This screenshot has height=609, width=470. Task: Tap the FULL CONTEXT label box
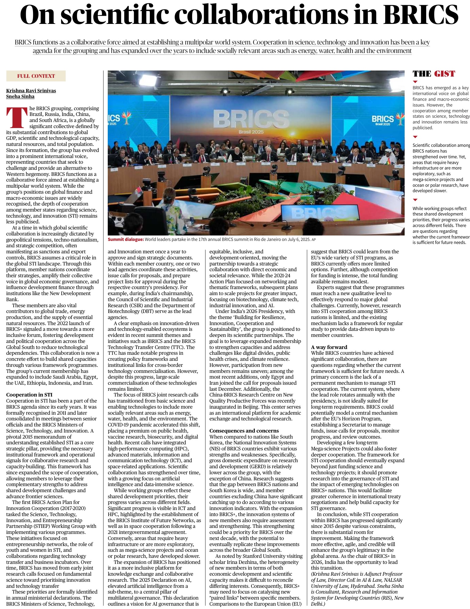36,76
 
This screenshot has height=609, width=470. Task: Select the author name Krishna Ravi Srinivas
31,91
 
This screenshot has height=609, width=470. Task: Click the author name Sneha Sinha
20,97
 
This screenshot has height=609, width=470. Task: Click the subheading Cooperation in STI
29,395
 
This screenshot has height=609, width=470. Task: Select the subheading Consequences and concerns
244,430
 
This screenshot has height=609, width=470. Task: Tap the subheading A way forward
329,347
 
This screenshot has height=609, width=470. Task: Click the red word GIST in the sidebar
444,74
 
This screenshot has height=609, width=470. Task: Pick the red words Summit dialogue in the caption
126,239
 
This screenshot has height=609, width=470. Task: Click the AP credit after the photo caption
314,240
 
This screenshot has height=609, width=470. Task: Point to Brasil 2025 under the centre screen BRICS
251,132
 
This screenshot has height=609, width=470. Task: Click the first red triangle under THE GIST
415,82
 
